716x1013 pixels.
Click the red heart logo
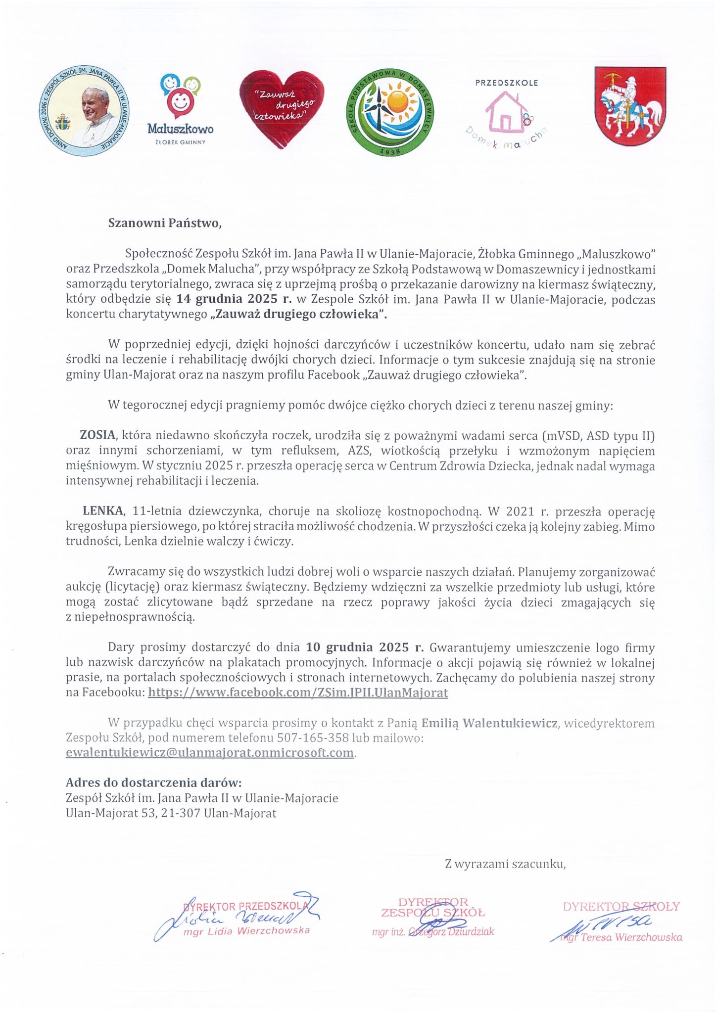tap(281, 108)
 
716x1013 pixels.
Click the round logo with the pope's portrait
tap(84, 111)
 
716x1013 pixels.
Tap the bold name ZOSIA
tap(97, 436)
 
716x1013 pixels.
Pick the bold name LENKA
tap(103, 511)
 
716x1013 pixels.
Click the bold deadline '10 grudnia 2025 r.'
tap(365, 647)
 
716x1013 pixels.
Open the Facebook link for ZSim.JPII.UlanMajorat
tap(298, 692)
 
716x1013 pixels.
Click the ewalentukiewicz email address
tap(210, 753)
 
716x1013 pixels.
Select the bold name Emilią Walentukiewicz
tap(489, 723)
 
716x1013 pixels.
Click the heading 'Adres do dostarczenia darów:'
tap(154, 783)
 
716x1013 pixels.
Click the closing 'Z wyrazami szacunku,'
tap(505, 864)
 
